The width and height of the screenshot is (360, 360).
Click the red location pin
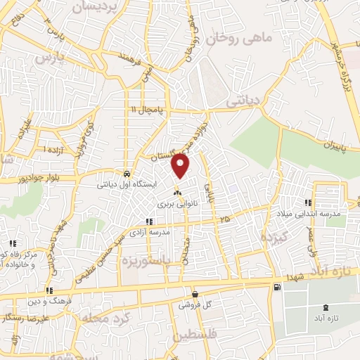click(x=181, y=165)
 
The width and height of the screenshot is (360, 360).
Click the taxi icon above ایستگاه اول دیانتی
click(x=126, y=174)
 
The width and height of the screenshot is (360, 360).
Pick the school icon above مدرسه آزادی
click(x=149, y=221)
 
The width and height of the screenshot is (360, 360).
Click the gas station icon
click(x=278, y=286)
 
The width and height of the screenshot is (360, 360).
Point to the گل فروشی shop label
click(x=193, y=306)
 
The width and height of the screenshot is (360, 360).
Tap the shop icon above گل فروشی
click(x=195, y=295)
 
